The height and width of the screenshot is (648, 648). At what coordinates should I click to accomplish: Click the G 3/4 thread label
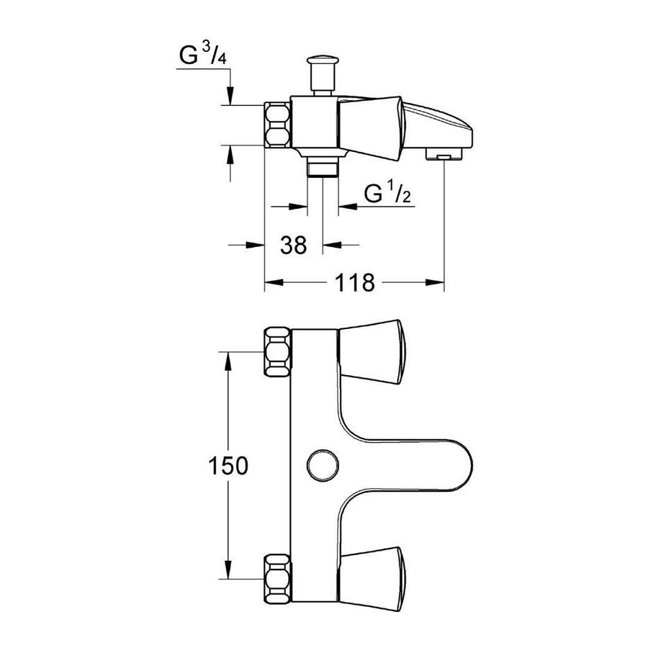[x=203, y=55]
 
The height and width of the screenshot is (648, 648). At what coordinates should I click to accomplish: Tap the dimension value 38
[x=294, y=245]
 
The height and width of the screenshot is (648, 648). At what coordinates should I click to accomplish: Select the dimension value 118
[x=354, y=283]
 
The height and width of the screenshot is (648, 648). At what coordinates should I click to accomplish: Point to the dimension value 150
[x=228, y=466]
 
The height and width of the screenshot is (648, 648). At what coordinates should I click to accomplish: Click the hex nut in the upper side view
[x=277, y=125]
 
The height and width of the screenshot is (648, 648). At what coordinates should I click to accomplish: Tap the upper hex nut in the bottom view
[x=277, y=351]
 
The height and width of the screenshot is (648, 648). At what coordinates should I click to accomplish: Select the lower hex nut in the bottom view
[x=277, y=579]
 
